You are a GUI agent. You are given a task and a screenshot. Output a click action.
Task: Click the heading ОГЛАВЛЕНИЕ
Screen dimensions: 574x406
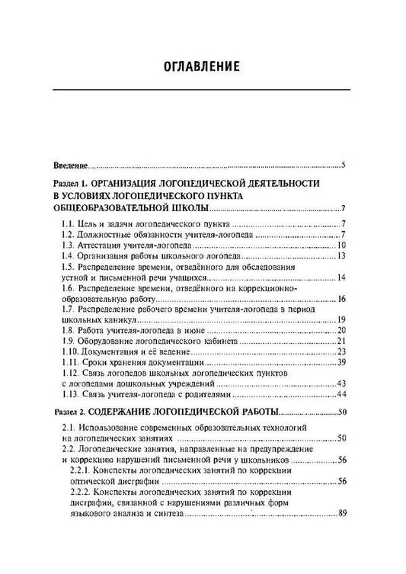[203, 66]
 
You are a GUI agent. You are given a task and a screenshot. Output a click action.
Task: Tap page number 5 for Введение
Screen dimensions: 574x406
[344, 164]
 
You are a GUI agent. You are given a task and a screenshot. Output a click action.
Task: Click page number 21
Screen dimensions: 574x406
[342, 342]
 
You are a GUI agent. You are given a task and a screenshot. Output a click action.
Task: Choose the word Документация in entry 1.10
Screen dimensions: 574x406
[110, 353]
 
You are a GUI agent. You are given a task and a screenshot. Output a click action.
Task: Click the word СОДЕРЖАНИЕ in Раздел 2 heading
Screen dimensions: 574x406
[133, 412]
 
